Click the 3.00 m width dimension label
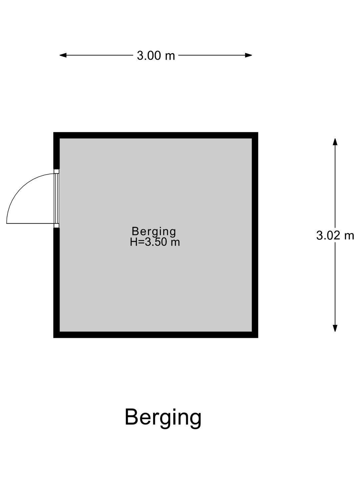[156, 55]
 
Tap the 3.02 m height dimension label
[335, 236]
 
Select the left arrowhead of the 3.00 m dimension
[63, 55]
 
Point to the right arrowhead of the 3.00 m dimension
[249, 55]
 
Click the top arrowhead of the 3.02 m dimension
[335, 142]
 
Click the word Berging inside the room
[154, 232]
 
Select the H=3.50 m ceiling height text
[155, 242]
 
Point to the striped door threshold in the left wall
[57, 199]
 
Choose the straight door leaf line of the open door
[30, 223]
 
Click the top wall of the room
[156, 135]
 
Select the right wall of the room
[255, 235]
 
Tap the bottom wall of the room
[156, 335]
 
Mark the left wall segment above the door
[56, 150]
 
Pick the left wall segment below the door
[56, 283]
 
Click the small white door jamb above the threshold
[57, 171]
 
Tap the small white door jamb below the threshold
[57, 226]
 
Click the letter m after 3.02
[349, 237]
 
